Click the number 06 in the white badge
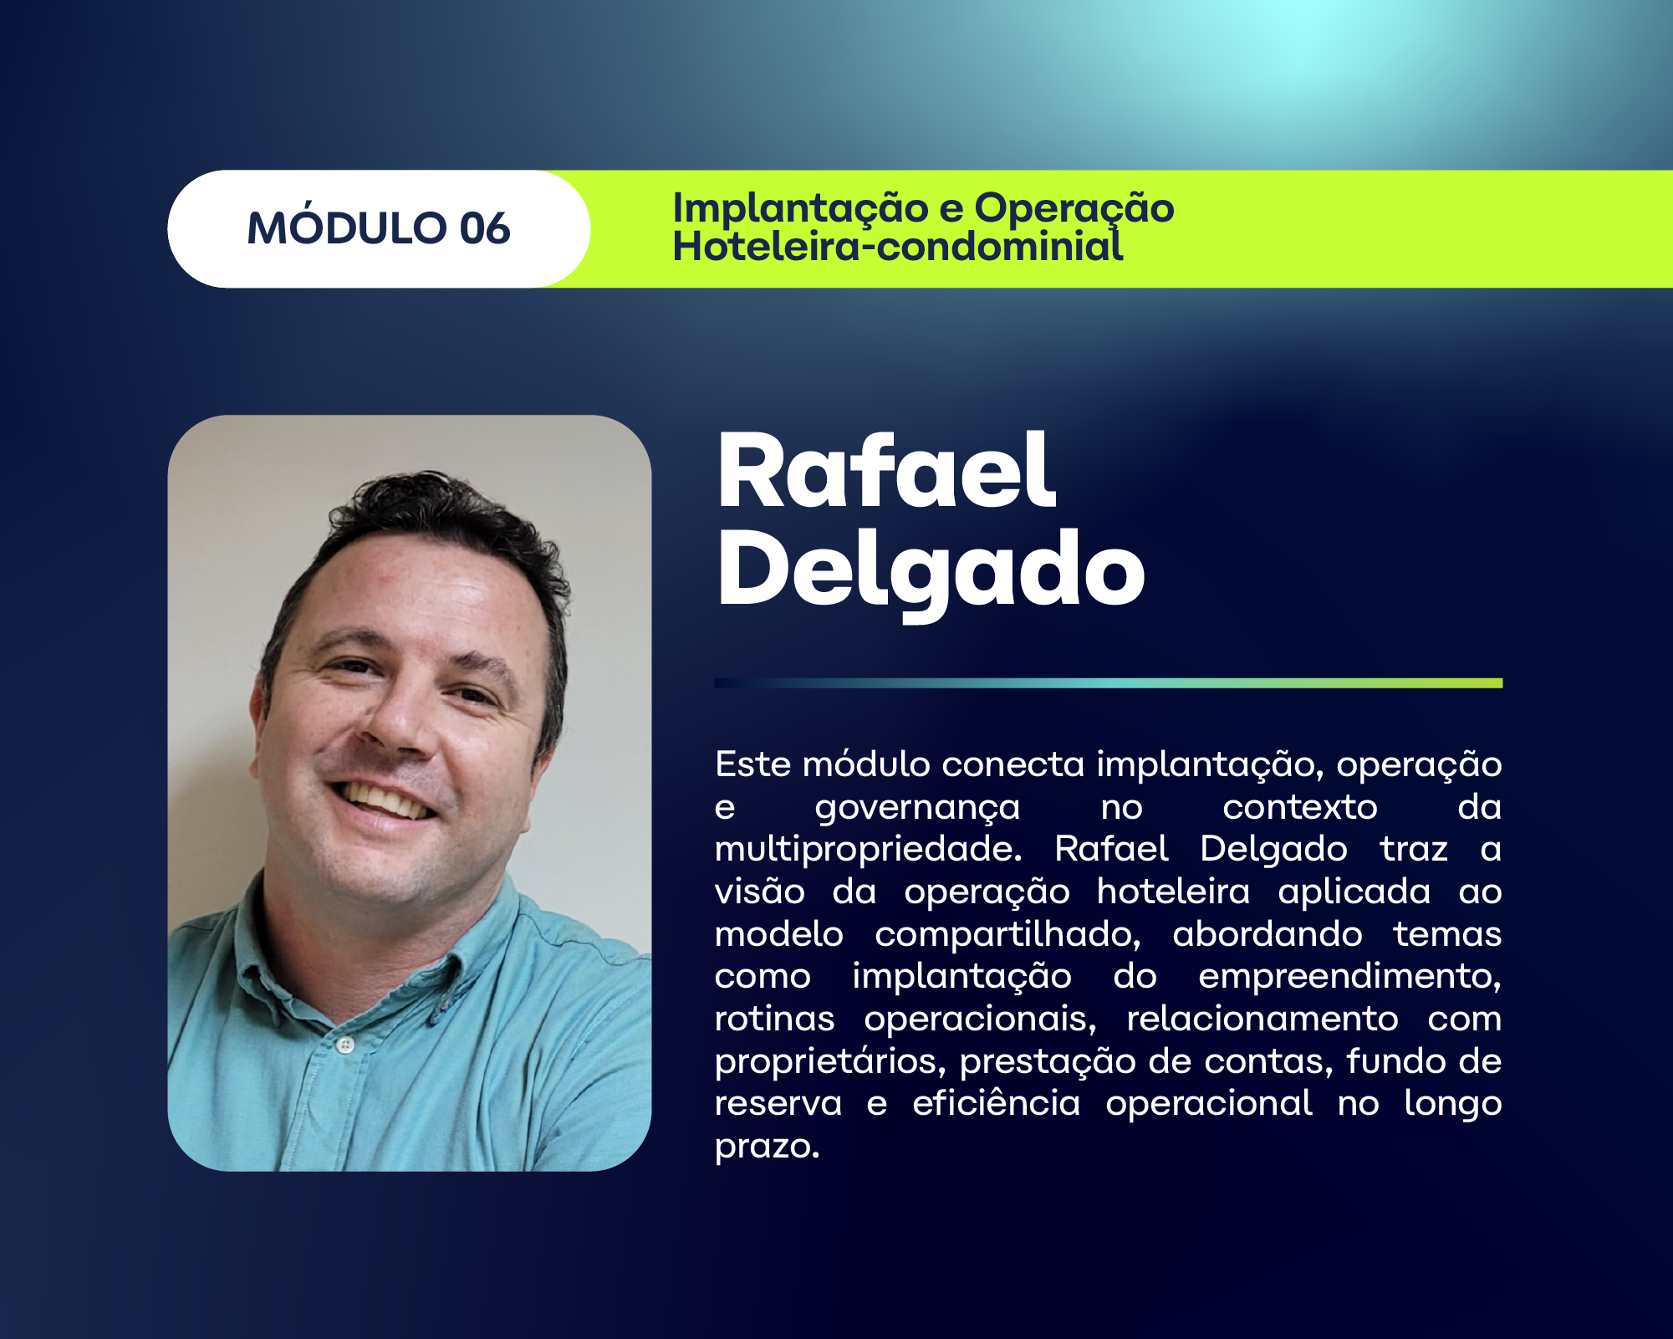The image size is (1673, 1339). pos(484,228)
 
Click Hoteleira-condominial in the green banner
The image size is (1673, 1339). pos(897,247)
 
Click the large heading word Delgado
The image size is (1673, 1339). pos(930,571)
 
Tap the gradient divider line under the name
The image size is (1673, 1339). pos(1108,683)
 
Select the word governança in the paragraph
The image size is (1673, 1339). pos(917,808)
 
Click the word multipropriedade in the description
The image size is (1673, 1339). pos(868,850)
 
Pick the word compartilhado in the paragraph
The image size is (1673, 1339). pos(1007,934)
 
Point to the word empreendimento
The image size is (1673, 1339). pos(1349,976)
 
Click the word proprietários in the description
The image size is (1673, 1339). pos(830,1061)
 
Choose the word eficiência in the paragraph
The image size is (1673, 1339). pos(996,1103)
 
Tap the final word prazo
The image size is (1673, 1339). pos(767,1146)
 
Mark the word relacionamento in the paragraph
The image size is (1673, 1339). pos(1262,1019)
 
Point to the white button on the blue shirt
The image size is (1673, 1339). pos(345,1045)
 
